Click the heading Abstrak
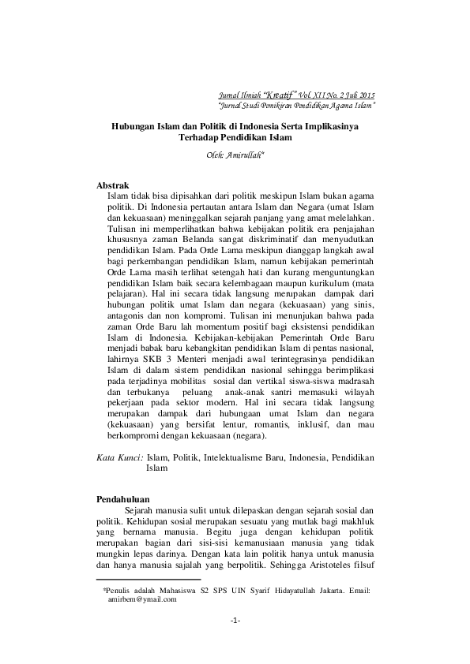[112, 185]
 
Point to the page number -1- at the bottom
[235, 621]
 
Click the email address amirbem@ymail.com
[142, 599]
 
